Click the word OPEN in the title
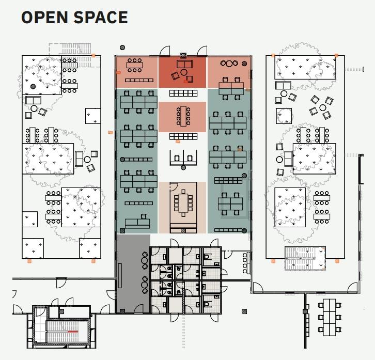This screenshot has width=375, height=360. tap(45, 18)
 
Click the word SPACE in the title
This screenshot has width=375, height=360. tap(101, 18)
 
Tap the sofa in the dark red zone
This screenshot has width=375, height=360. tap(184, 64)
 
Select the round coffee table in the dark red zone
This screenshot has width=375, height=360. tap(184, 72)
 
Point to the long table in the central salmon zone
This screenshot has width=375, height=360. tap(183, 116)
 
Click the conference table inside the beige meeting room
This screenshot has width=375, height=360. tap(183, 203)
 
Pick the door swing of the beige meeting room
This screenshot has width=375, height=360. tap(174, 186)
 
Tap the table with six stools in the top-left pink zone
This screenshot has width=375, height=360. tap(135, 65)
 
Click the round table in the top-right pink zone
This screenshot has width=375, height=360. tap(229, 64)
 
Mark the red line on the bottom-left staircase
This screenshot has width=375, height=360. tap(73, 332)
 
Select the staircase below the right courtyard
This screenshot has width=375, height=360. tap(305, 258)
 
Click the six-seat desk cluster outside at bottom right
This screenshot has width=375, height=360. tap(330, 317)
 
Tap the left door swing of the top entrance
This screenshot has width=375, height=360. tap(165, 51)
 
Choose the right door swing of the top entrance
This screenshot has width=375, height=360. tap(202, 51)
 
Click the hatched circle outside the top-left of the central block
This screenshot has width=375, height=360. tap(122, 48)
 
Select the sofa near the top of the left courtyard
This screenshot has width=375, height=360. tap(33, 100)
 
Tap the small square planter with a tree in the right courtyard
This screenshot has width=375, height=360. tap(284, 116)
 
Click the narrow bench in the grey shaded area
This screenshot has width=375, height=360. tap(120, 276)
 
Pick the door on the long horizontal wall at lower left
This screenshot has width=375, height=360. tap(61, 283)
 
